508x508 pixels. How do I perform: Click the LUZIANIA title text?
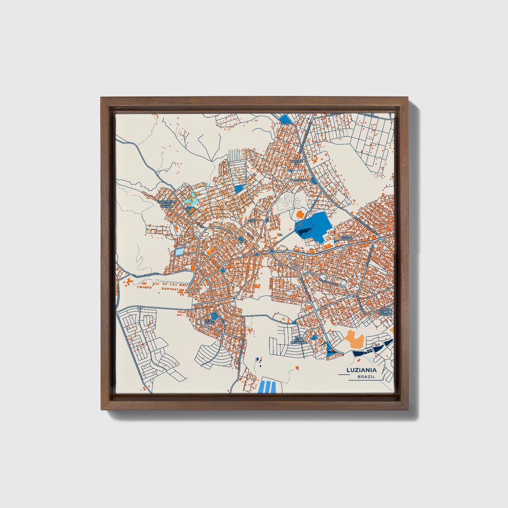pyautogui.click(x=361, y=370)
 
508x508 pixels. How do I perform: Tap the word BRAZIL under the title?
pyautogui.click(x=366, y=377)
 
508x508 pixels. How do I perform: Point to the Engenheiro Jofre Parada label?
pyautogui.click(x=166, y=204)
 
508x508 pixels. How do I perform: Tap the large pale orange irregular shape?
pyautogui.click(x=354, y=339)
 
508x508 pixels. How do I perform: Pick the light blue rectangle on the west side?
pyautogui.click(x=179, y=252)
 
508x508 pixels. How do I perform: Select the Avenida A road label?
pyautogui.click(x=300, y=180)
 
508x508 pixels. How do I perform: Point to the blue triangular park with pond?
pyautogui.click(x=330, y=349)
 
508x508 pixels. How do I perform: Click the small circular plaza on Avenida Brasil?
pyautogui.click(x=272, y=252)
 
